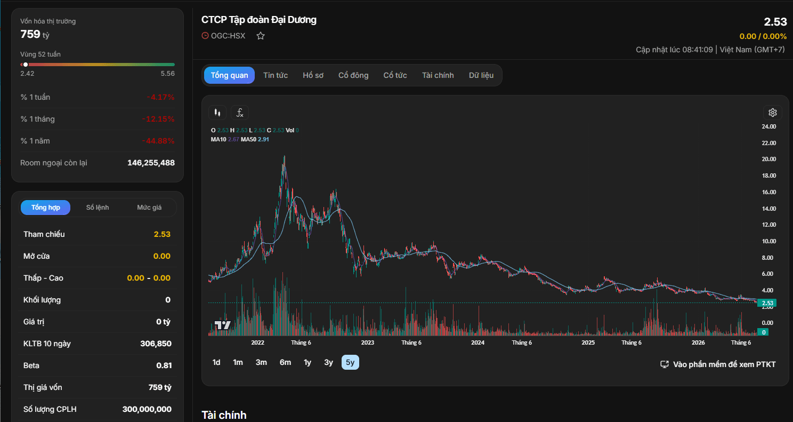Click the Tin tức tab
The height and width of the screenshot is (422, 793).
click(276, 75)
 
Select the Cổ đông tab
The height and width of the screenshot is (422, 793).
click(353, 75)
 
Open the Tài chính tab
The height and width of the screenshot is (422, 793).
click(438, 75)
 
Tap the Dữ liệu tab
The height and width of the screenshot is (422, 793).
click(481, 75)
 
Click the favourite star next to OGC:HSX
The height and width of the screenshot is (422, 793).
click(261, 36)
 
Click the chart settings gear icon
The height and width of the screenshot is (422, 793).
click(772, 113)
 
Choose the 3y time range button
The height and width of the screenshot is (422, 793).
click(328, 362)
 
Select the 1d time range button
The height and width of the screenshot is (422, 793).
click(216, 362)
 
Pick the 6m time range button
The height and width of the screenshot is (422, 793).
click(285, 362)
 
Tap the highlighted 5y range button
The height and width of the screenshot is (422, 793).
click(350, 362)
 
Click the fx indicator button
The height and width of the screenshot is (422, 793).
click(240, 113)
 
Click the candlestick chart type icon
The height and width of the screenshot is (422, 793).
click(217, 113)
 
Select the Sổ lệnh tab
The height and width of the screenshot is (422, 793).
click(98, 208)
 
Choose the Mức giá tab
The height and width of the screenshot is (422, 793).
click(149, 208)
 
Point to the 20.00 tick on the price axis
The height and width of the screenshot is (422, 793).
click(768, 159)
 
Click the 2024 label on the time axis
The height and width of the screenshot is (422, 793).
click(478, 343)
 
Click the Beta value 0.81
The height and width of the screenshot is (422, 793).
click(164, 365)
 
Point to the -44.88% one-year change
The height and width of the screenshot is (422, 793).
click(158, 141)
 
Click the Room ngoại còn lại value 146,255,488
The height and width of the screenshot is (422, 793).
click(151, 163)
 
